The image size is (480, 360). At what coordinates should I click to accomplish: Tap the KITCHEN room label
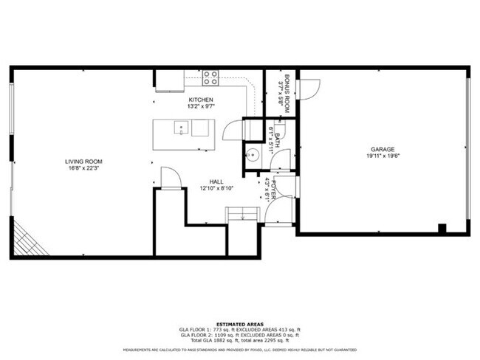201,100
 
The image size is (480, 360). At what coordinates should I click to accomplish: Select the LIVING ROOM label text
83,161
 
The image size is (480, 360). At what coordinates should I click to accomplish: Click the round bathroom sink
253,155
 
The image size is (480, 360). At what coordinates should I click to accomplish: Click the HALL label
216,181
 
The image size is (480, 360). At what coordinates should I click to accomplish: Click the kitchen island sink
179,128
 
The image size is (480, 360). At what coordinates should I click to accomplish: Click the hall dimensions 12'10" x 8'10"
216,188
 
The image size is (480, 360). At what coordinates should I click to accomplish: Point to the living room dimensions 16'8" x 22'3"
83,168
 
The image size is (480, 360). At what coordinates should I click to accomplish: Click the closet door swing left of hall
169,178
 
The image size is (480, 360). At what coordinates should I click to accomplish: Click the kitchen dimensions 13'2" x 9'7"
201,107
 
